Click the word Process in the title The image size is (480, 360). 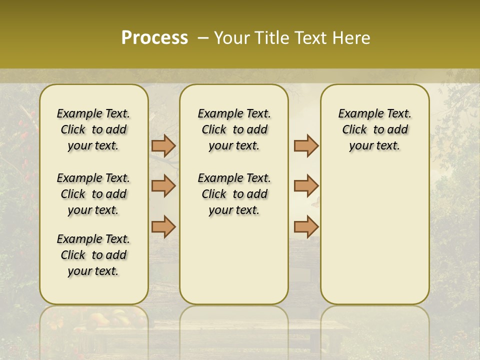pos(154,37)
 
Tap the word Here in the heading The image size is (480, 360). pos(350,38)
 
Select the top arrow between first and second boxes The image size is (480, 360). pos(163,145)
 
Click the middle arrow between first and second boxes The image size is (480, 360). pos(163,186)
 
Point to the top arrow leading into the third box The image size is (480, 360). pos(306,145)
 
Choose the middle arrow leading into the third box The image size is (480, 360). pos(306,186)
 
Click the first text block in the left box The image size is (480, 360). pos(93,129)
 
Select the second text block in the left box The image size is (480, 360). pos(93,194)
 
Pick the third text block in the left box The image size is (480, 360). pos(93,255)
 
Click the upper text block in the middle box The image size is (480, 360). pos(234,129)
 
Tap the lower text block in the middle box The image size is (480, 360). pos(234,194)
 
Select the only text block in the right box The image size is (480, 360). pos(374,129)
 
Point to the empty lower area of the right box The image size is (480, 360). pos(374,235)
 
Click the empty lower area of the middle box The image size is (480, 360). pos(234,260)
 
